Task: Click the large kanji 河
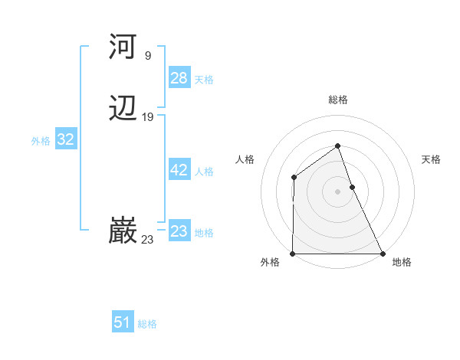[123, 47]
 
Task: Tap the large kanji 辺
[123, 110]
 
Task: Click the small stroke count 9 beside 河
[147, 55]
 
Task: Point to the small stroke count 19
[147, 117]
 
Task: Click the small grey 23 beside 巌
[147, 240]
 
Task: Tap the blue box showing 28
[179, 78]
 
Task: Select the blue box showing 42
[179, 170]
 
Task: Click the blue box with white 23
[179, 231]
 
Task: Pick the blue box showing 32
[65, 139]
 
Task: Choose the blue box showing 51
[122, 322]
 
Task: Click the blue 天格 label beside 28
[204, 80]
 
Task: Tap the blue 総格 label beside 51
[147, 324]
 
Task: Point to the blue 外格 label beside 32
[41, 141]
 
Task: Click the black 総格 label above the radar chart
[337, 100]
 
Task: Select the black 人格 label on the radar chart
[245, 159]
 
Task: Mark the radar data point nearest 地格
[383, 254]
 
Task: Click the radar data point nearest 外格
[293, 254]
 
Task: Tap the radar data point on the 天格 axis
[352, 186]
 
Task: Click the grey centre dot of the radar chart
[337, 191]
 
